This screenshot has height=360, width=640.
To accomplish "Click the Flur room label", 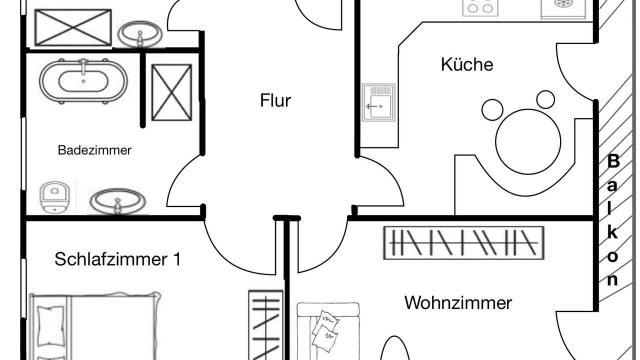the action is click(x=275, y=100).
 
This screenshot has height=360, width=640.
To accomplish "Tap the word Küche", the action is click(x=467, y=64).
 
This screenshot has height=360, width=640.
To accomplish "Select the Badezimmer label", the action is click(x=94, y=150).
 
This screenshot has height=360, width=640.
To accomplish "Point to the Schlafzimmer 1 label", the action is click(x=117, y=259).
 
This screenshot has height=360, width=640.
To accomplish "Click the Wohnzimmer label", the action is click(x=458, y=303).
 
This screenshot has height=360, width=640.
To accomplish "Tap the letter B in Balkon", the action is click(x=613, y=161).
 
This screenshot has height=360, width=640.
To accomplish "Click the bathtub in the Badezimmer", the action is click(x=83, y=81).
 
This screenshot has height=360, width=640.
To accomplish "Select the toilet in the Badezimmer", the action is click(x=54, y=197).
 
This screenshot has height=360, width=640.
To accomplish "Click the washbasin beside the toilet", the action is click(x=117, y=200).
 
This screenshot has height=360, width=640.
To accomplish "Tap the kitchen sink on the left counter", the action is click(x=378, y=102).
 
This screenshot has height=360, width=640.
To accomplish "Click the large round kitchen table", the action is click(x=528, y=141).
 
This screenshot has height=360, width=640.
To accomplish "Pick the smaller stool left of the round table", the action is click(x=492, y=110).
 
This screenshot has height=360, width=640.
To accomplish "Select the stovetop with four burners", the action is click(x=480, y=7).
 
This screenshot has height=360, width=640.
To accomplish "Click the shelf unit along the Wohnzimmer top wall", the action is click(x=463, y=243).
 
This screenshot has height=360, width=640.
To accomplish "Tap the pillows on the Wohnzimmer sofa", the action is click(x=325, y=331).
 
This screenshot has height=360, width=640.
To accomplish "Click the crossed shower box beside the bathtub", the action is click(x=171, y=92).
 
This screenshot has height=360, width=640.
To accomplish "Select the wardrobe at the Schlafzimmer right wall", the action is click(x=265, y=325).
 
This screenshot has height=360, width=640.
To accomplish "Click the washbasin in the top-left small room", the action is click(x=140, y=34).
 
